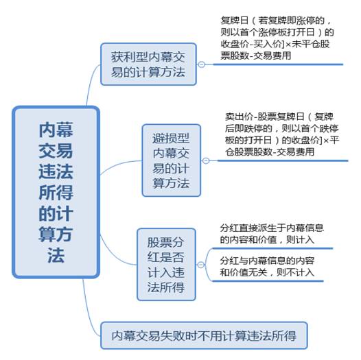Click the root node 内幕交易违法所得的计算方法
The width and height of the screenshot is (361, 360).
[56, 192]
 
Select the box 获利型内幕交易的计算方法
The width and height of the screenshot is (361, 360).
[148, 64]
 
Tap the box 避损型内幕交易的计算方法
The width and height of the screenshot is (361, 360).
[172, 160]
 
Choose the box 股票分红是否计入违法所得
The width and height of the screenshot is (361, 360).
[166, 265]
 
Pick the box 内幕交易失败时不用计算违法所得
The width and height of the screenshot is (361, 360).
[204, 335]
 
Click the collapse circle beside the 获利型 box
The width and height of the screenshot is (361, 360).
[202, 64]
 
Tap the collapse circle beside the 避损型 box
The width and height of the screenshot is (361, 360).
[206, 160]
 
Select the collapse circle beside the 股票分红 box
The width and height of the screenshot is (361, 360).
[201, 265]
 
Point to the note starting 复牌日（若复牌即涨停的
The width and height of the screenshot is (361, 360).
[277, 38]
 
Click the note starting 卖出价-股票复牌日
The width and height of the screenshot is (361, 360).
[282, 134]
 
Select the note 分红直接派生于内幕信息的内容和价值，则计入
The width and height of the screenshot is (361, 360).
[272, 234]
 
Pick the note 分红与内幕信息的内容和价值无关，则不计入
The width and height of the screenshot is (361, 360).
[267, 267]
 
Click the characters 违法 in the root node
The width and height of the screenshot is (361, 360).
[56, 171]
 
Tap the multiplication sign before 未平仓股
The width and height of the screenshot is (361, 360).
[288, 45]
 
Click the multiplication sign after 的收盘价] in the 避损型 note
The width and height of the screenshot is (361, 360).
[326, 141]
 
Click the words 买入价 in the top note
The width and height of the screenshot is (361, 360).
[267, 44]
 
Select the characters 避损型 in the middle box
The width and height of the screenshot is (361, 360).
[171, 139]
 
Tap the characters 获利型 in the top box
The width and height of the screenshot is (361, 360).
[129, 57]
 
